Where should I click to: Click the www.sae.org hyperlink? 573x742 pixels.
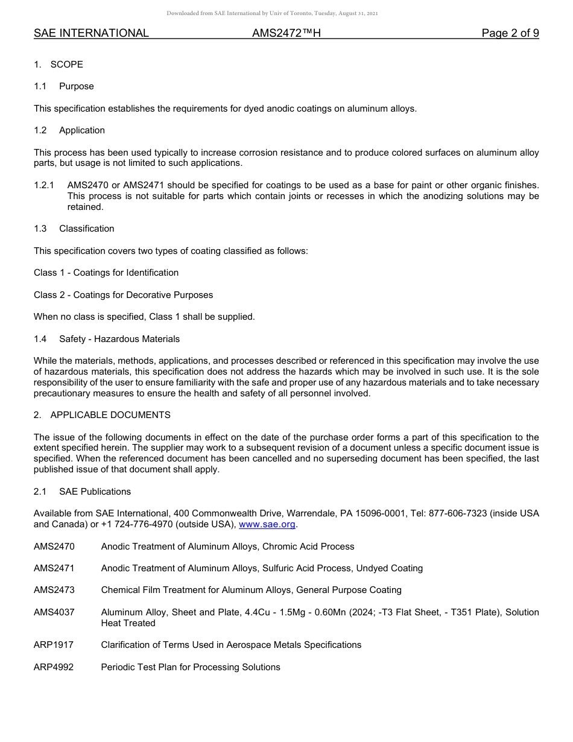267,524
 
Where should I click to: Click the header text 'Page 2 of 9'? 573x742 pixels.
510,33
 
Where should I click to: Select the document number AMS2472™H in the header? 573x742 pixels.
286,33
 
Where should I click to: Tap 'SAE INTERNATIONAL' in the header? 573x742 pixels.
91,33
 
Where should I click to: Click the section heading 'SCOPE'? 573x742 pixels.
66,65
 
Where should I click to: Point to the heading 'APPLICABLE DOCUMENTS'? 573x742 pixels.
110,415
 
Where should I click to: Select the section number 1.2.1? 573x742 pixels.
44,185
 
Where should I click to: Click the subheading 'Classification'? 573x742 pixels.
86,229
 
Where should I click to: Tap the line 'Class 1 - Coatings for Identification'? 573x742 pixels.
106,273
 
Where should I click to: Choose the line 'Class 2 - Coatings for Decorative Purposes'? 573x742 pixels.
123,295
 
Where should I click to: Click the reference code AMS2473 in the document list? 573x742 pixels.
54,590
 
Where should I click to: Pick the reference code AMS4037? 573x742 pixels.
54,612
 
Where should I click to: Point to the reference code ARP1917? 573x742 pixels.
54,645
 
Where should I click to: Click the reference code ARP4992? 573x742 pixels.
54,667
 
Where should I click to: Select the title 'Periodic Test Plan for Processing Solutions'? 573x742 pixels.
191,667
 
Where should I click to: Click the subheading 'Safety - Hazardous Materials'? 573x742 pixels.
119,339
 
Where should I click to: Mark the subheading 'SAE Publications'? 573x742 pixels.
95,492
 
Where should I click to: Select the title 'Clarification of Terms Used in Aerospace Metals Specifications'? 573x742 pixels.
231,645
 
